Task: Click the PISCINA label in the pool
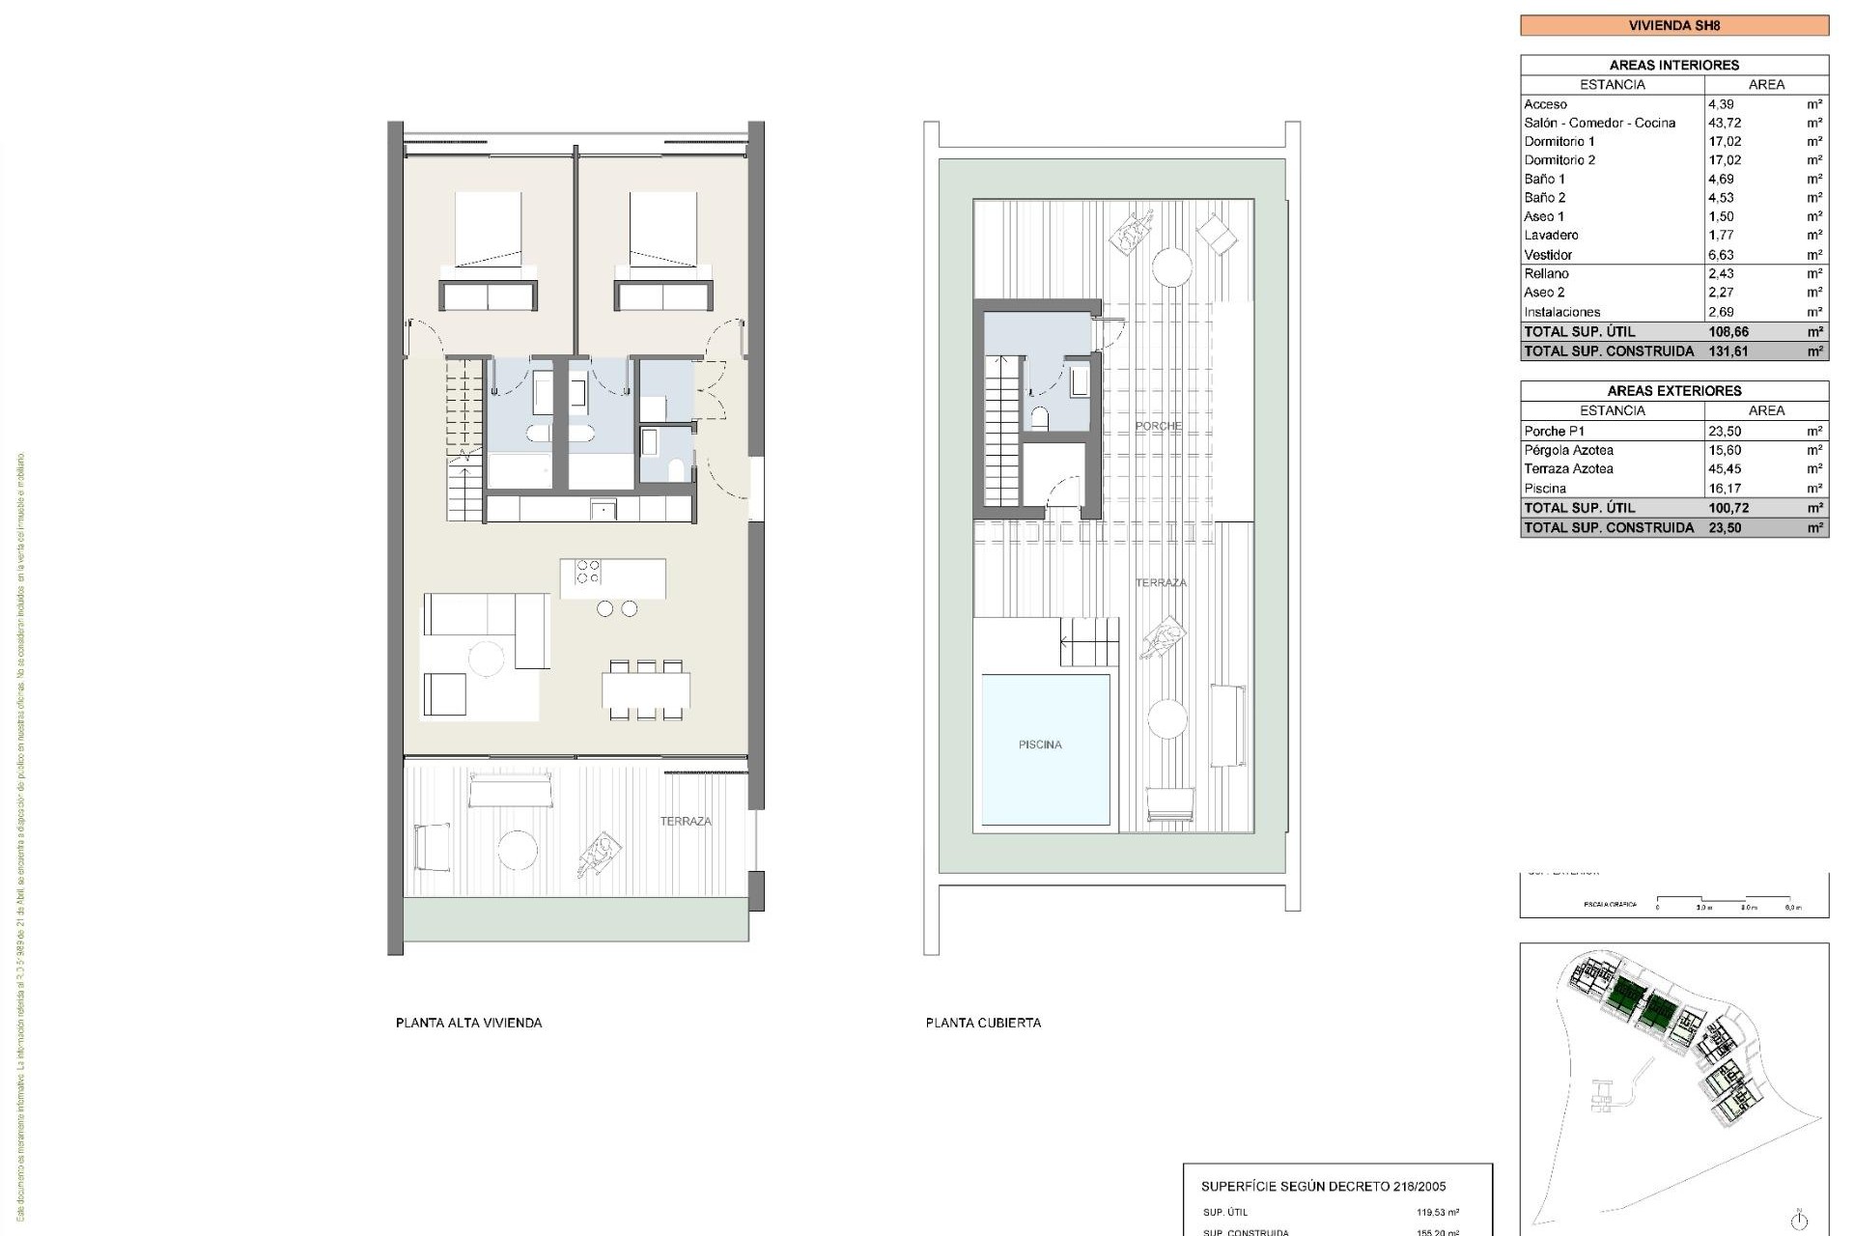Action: [1039, 744]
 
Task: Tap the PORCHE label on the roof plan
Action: [1158, 426]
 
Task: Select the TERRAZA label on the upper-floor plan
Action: [686, 822]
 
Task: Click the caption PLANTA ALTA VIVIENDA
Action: [468, 1023]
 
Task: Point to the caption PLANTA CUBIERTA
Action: [983, 1023]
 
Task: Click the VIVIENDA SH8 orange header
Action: [1673, 25]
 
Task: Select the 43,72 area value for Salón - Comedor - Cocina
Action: [1726, 123]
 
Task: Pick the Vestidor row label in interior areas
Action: [1548, 255]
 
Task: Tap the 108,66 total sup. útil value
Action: [1728, 331]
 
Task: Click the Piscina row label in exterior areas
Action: [1545, 489]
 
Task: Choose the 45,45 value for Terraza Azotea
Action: [1725, 469]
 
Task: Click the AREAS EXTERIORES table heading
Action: [1673, 391]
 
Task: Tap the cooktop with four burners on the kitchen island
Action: [587, 572]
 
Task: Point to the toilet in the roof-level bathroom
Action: [1040, 418]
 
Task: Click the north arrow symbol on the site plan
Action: [1798, 1219]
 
